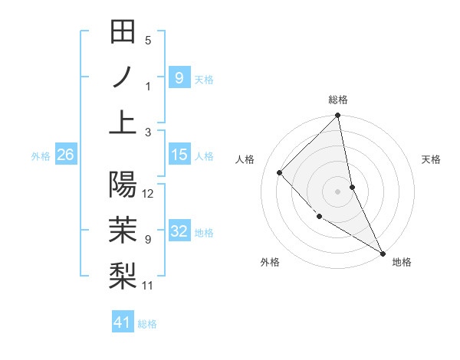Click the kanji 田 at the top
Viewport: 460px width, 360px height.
click(x=123, y=33)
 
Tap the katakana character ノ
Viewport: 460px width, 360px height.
click(x=123, y=77)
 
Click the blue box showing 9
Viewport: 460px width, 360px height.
click(x=179, y=77)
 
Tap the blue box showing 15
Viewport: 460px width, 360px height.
click(x=179, y=155)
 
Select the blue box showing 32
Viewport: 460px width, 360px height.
click(x=179, y=231)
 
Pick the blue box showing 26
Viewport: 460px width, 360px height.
click(x=65, y=155)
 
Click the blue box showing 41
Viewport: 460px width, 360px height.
click(x=122, y=322)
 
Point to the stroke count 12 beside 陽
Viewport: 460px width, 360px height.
click(x=149, y=193)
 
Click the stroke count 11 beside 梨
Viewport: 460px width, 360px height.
click(x=148, y=286)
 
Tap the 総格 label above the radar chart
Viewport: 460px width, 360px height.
click(x=338, y=100)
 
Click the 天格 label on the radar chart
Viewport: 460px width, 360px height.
click(x=431, y=159)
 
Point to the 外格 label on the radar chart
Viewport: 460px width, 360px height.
click(x=270, y=262)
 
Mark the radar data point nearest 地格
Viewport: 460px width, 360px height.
click(x=383, y=253)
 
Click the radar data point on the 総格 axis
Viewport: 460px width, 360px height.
click(x=338, y=116)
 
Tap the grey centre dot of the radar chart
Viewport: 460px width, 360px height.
click(x=338, y=191)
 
